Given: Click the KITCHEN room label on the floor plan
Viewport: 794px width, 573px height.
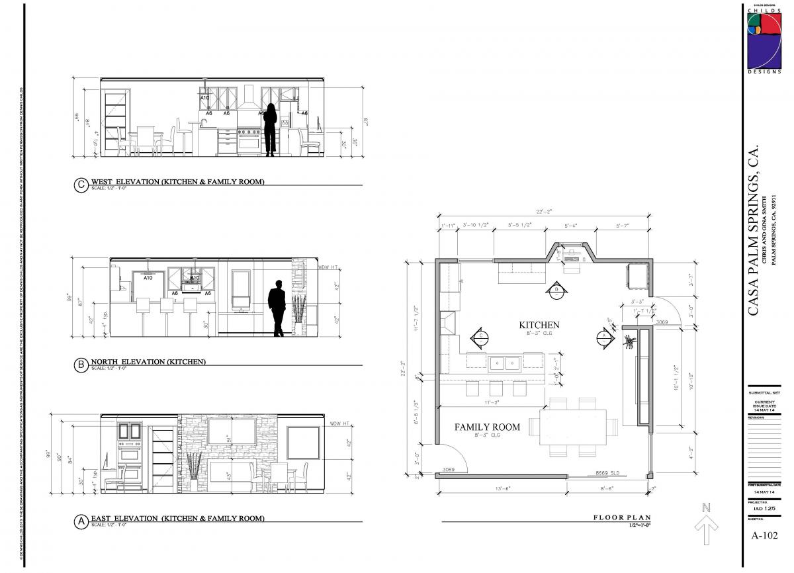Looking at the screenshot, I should tap(539, 325).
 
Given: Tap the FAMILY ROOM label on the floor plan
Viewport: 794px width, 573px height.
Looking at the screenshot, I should tap(487, 427).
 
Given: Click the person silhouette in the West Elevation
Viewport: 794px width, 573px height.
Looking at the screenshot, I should tap(270, 130).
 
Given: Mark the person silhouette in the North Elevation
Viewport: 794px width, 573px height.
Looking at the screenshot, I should tap(277, 308).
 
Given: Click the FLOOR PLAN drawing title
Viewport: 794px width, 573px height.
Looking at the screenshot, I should tap(621, 518).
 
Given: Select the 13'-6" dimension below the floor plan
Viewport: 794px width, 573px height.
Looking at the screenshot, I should tap(502, 489).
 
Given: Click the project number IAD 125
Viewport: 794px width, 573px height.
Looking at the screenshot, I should tap(764, 508).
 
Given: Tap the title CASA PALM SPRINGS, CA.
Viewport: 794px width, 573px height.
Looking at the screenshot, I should tap(754, 232).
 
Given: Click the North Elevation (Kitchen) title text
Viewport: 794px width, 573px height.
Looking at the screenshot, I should tap(148, 362).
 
